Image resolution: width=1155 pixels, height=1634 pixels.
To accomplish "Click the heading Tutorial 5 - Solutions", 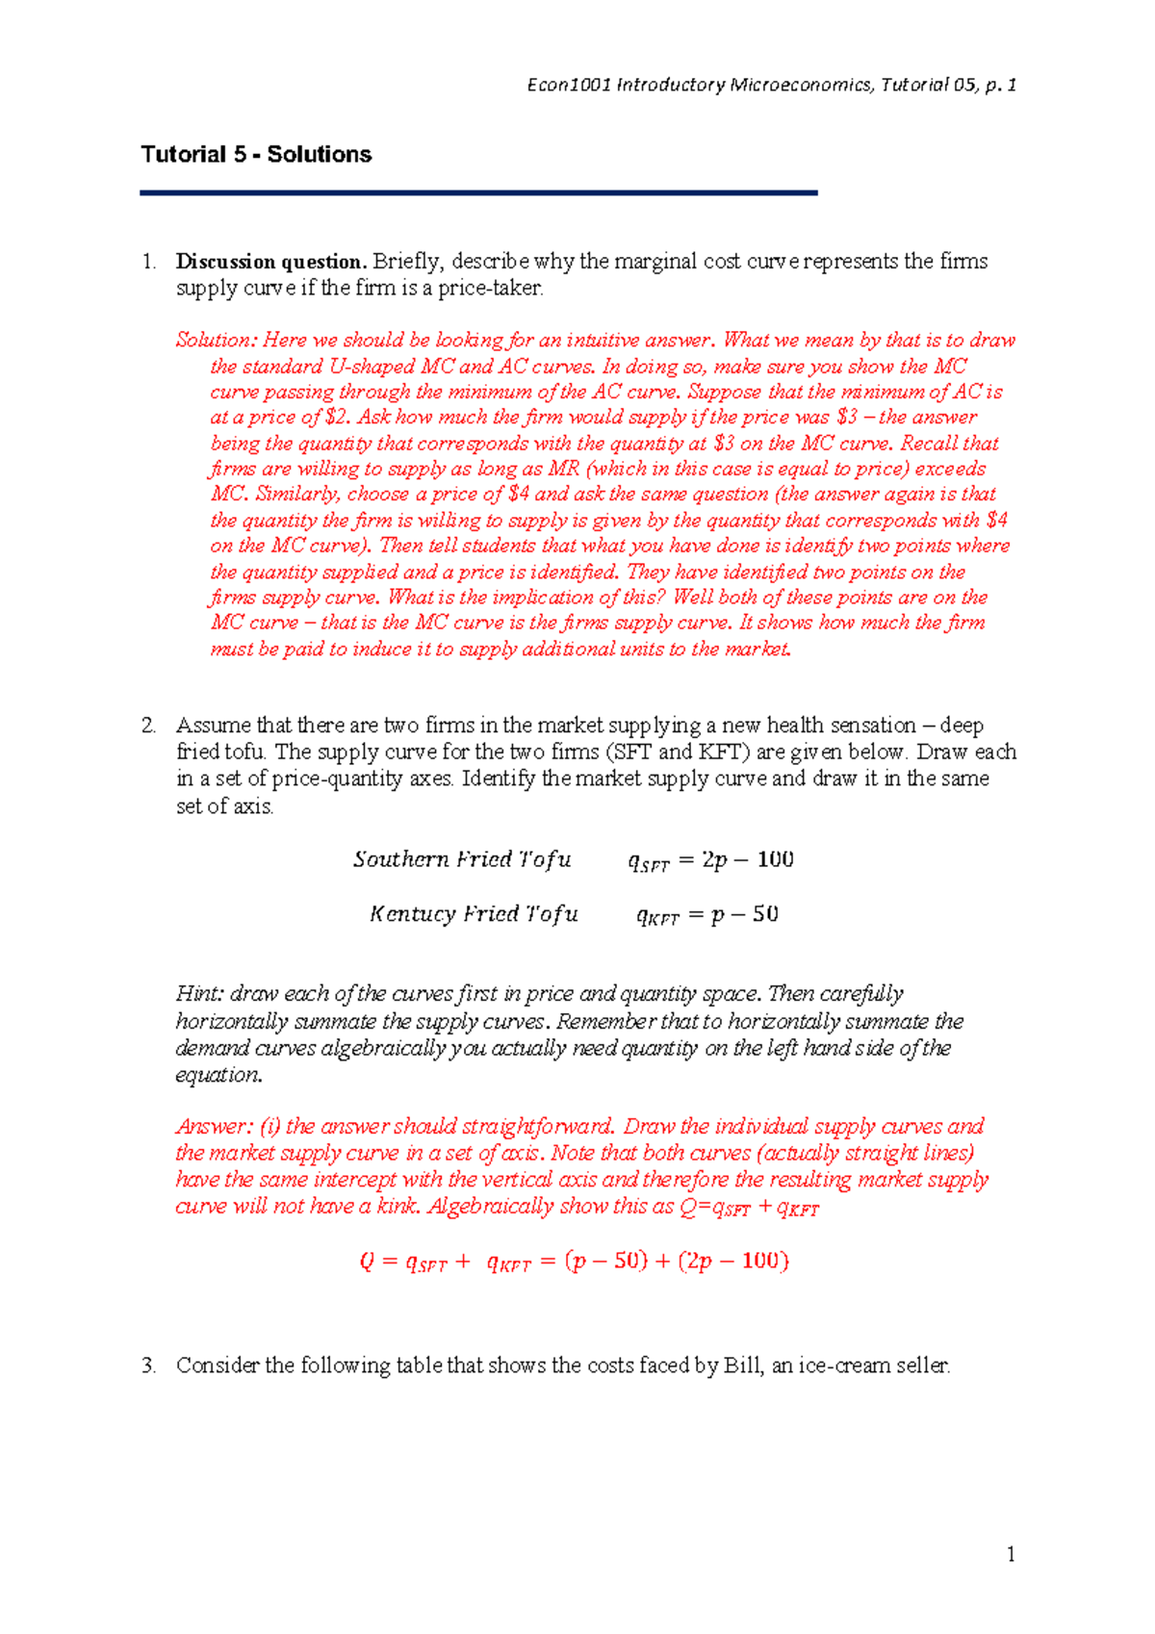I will point(256,155).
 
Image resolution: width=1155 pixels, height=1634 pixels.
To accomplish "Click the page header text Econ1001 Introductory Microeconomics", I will point(701,86).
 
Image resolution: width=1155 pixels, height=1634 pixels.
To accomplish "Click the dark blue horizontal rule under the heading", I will point(478,193).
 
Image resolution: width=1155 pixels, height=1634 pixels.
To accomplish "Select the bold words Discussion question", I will point(270,262).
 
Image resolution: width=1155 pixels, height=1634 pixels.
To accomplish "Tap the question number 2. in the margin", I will point(148,726).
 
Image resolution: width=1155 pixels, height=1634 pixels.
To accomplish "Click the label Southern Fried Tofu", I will point(462,859).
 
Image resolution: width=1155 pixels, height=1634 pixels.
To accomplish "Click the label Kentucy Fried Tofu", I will point(474,914).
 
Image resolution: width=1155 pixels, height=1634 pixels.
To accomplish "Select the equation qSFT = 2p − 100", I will point(710,860).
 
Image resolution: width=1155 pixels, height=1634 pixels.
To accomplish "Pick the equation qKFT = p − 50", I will point(707,915).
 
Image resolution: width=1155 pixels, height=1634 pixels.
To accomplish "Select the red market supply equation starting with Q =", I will point(574,1262).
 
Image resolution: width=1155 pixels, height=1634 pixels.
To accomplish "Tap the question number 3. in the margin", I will point(148,1366).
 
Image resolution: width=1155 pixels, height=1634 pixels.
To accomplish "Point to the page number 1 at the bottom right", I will point(1011,1554).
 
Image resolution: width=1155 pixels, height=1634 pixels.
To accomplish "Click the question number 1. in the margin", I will point(148,262).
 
